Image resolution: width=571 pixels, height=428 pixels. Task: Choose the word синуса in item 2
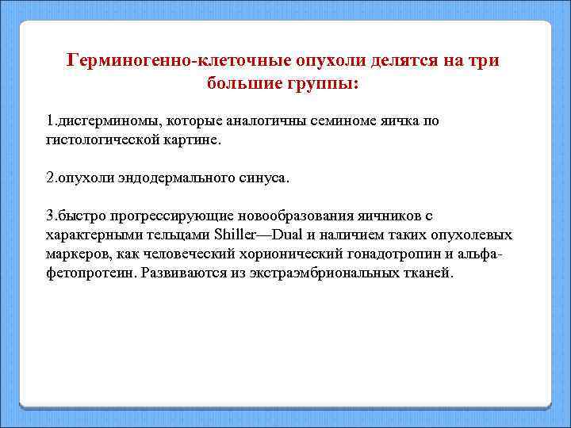point(264,178)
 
